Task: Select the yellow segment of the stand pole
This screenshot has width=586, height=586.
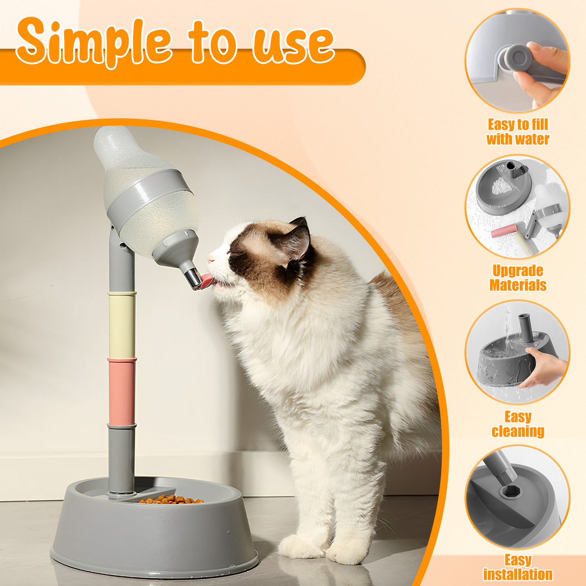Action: (x=122, y=326)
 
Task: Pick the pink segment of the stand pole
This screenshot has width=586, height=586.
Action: (x=122, y=392)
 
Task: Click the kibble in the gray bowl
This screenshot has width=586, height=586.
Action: (x=171, y=499)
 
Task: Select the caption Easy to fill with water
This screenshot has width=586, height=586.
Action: (x=518, y=132)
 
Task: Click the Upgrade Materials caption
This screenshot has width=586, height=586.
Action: (x=518, y=278)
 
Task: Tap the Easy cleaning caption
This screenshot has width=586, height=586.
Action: (x=518, y=424)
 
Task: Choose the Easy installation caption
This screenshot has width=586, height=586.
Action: (x=518, y=567)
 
